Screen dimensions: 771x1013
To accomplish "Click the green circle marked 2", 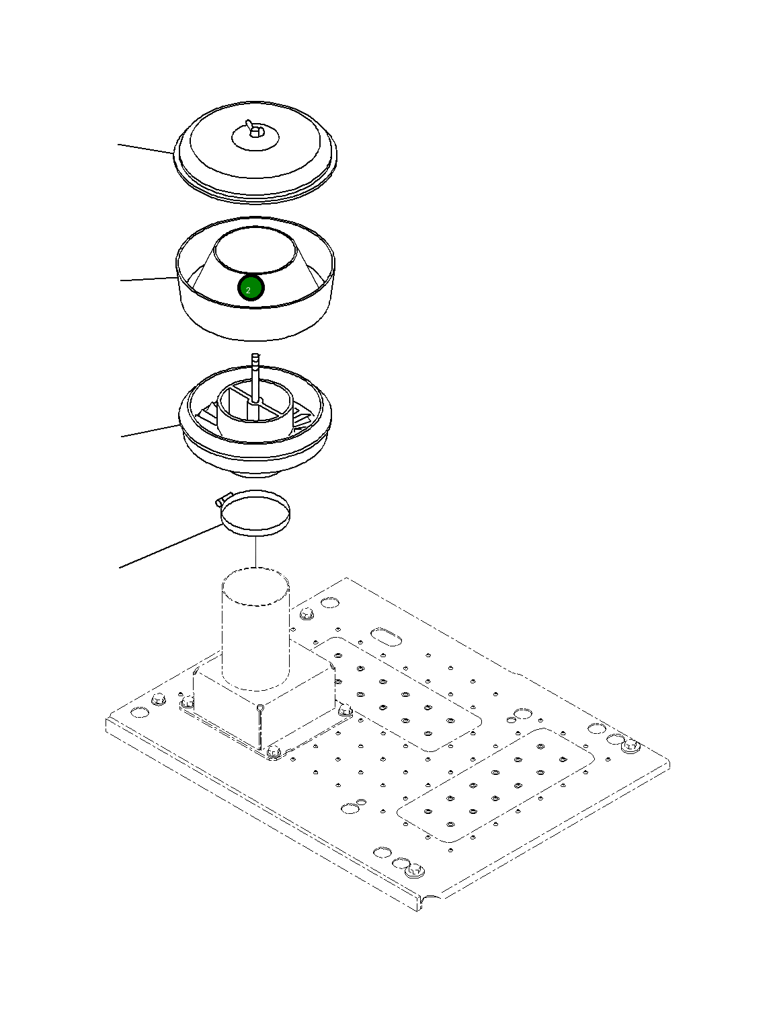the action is point(251,288).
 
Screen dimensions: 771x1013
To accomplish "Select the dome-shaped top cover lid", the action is point(255,151).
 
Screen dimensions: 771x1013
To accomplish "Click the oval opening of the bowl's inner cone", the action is point(256,250).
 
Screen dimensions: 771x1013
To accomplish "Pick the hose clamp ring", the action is point(256,513).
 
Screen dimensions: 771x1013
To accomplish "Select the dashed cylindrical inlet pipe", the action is point(256,628).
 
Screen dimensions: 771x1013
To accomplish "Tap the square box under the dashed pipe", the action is point(263,702).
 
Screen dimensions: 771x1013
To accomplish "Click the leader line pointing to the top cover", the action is point(146,148).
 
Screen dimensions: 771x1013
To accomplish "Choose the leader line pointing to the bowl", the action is point(149,278).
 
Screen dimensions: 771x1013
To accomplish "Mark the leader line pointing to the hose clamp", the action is point(171,546).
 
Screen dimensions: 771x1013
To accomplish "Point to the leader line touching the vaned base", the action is point(151,430).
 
